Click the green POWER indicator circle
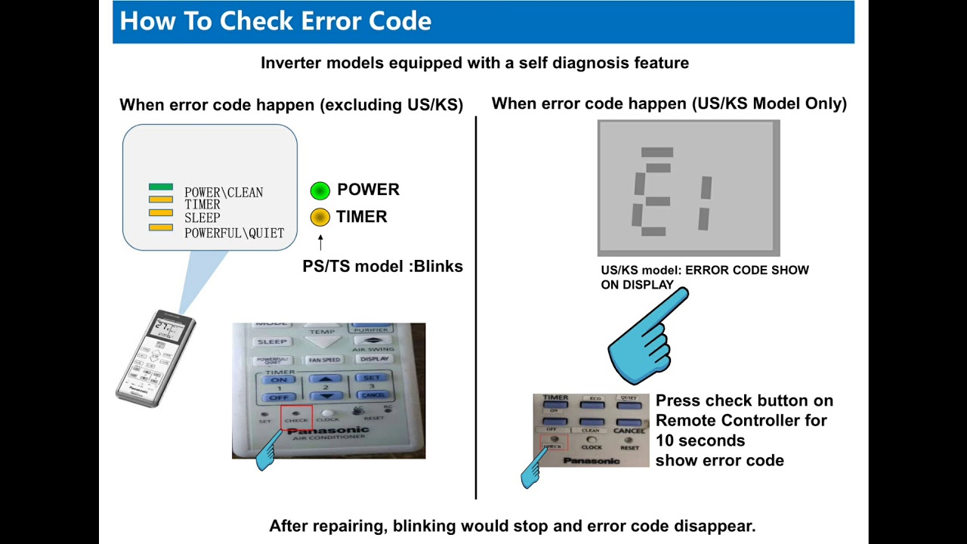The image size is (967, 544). [320, 190]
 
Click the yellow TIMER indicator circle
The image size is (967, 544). [320, 218]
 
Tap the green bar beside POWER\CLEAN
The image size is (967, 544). [161, 187]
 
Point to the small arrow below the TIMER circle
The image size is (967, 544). [320, 242]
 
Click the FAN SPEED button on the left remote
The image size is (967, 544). [324, 360]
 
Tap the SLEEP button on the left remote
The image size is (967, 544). [272, 342]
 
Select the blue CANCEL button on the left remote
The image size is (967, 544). [374, 395]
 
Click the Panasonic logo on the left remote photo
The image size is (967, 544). [329, 431]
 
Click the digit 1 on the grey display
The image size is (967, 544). [705, 202]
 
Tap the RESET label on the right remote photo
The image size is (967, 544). [629, 447]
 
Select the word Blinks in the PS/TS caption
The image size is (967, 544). [438, 267]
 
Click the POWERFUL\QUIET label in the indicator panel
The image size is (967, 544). [234, 233]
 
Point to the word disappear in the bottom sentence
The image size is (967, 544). [713, 526]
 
